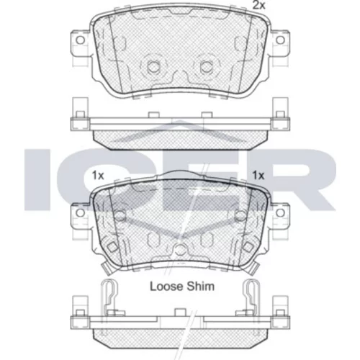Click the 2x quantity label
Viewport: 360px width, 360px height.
coord(259,5)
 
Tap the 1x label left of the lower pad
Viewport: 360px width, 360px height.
coord(98,176)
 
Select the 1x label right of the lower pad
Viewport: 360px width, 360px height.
coord(258,176)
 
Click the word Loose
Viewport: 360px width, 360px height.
coord(166,287)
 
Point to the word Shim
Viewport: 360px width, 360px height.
coord(200,287)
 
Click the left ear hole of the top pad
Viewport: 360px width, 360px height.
coord(81,40)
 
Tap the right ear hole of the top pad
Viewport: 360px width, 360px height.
coord(280,40)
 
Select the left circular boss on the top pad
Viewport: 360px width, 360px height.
coord(153,66)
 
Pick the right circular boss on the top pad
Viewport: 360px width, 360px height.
coord(206,66)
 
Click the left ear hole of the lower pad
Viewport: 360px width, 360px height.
coord(80,212)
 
